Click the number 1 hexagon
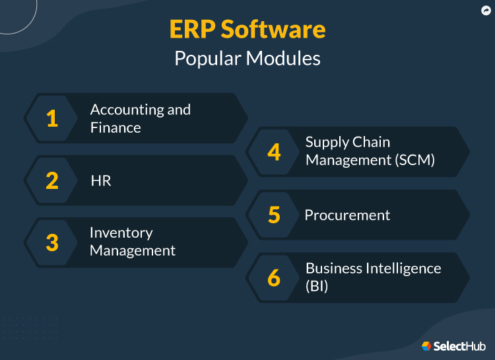point(52,118)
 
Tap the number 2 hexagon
point(52,180)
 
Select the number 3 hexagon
point(52,242)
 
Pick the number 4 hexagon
point(274,152)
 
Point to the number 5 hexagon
point(274,215)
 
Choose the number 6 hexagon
point(274,277)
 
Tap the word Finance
point(115,127)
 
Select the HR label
point(101,180)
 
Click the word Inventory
point(121,233)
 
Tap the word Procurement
point(347,215)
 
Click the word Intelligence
point(401,268)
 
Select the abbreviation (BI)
point(317,287)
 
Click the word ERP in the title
point(191,30)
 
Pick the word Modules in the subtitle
point(283,58)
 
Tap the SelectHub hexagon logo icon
point(426,345)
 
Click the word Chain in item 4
point(371,142)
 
